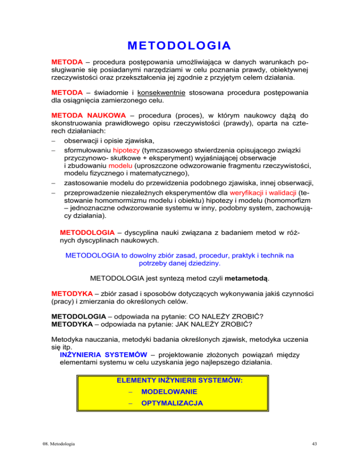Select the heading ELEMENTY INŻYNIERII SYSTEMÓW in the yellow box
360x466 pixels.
180,380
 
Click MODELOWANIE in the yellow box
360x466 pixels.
169,391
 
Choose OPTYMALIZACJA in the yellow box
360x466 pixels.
172,403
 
